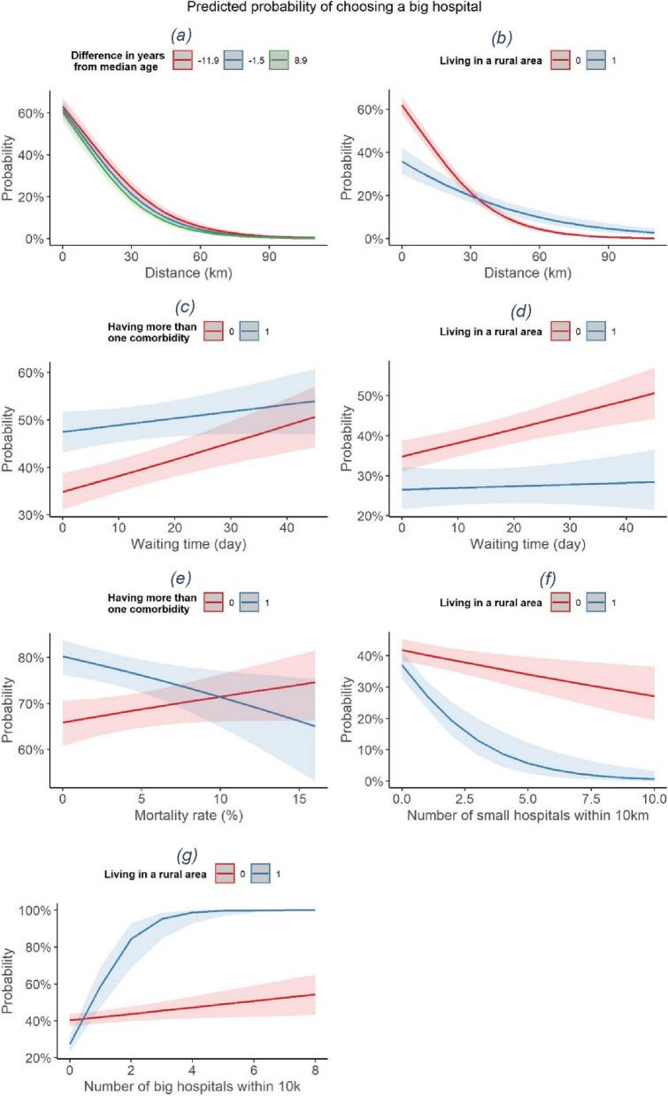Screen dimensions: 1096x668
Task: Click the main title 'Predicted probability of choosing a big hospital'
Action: coord(334,10)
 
